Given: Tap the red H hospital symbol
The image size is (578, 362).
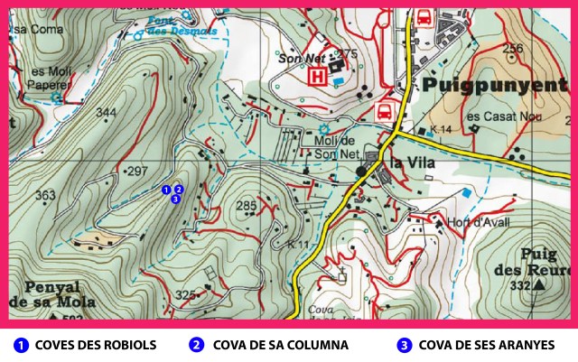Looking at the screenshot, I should tap(317, 78).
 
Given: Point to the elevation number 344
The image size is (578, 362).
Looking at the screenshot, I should tap(106, 113).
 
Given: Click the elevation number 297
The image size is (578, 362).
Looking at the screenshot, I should tap(136, 171).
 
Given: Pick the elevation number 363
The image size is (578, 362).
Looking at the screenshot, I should tap(45, 195).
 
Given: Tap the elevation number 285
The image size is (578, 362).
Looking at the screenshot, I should tap(246, 206).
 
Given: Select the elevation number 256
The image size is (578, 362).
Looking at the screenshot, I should tap(513, 49).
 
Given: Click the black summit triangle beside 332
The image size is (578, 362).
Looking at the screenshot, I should tap(539, 285).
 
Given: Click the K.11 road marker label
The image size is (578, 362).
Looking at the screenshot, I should tap(297, 245).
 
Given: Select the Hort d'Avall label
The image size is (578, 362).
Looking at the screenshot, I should tap(464, 222).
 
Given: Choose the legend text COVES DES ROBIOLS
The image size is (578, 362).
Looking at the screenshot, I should tap(98, 345).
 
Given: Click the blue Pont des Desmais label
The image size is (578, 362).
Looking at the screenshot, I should tap(174, 27).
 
